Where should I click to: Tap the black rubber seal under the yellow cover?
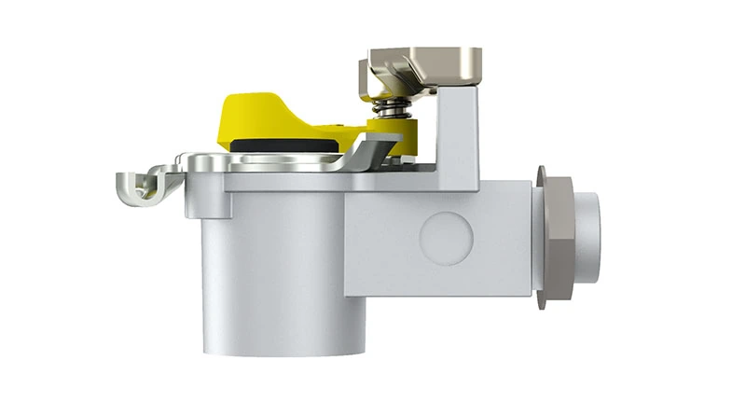[x=280, y=146]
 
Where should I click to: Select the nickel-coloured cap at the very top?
[x=420, y=63]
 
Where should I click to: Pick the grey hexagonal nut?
[x=558, y=235]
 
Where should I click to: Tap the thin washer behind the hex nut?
[x=540, y=235]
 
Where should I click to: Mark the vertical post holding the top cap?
[x=462, y=131]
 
